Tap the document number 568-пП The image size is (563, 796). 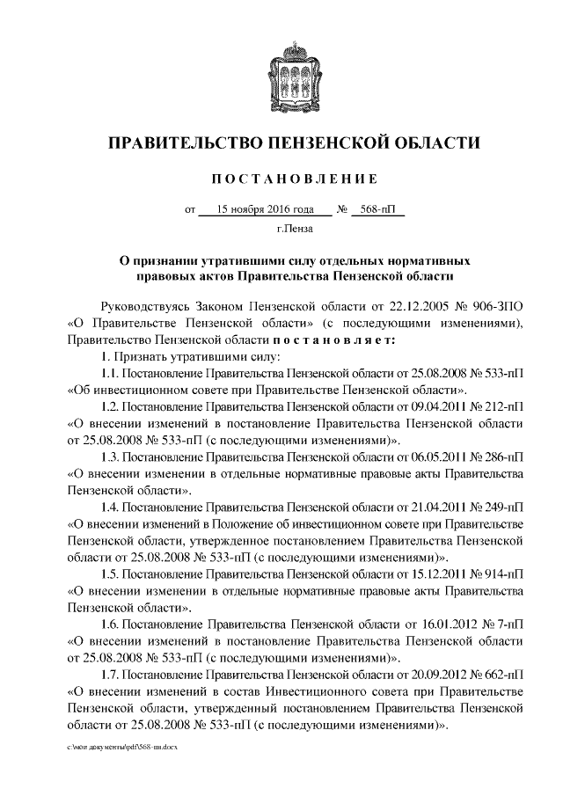[378, 211]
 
